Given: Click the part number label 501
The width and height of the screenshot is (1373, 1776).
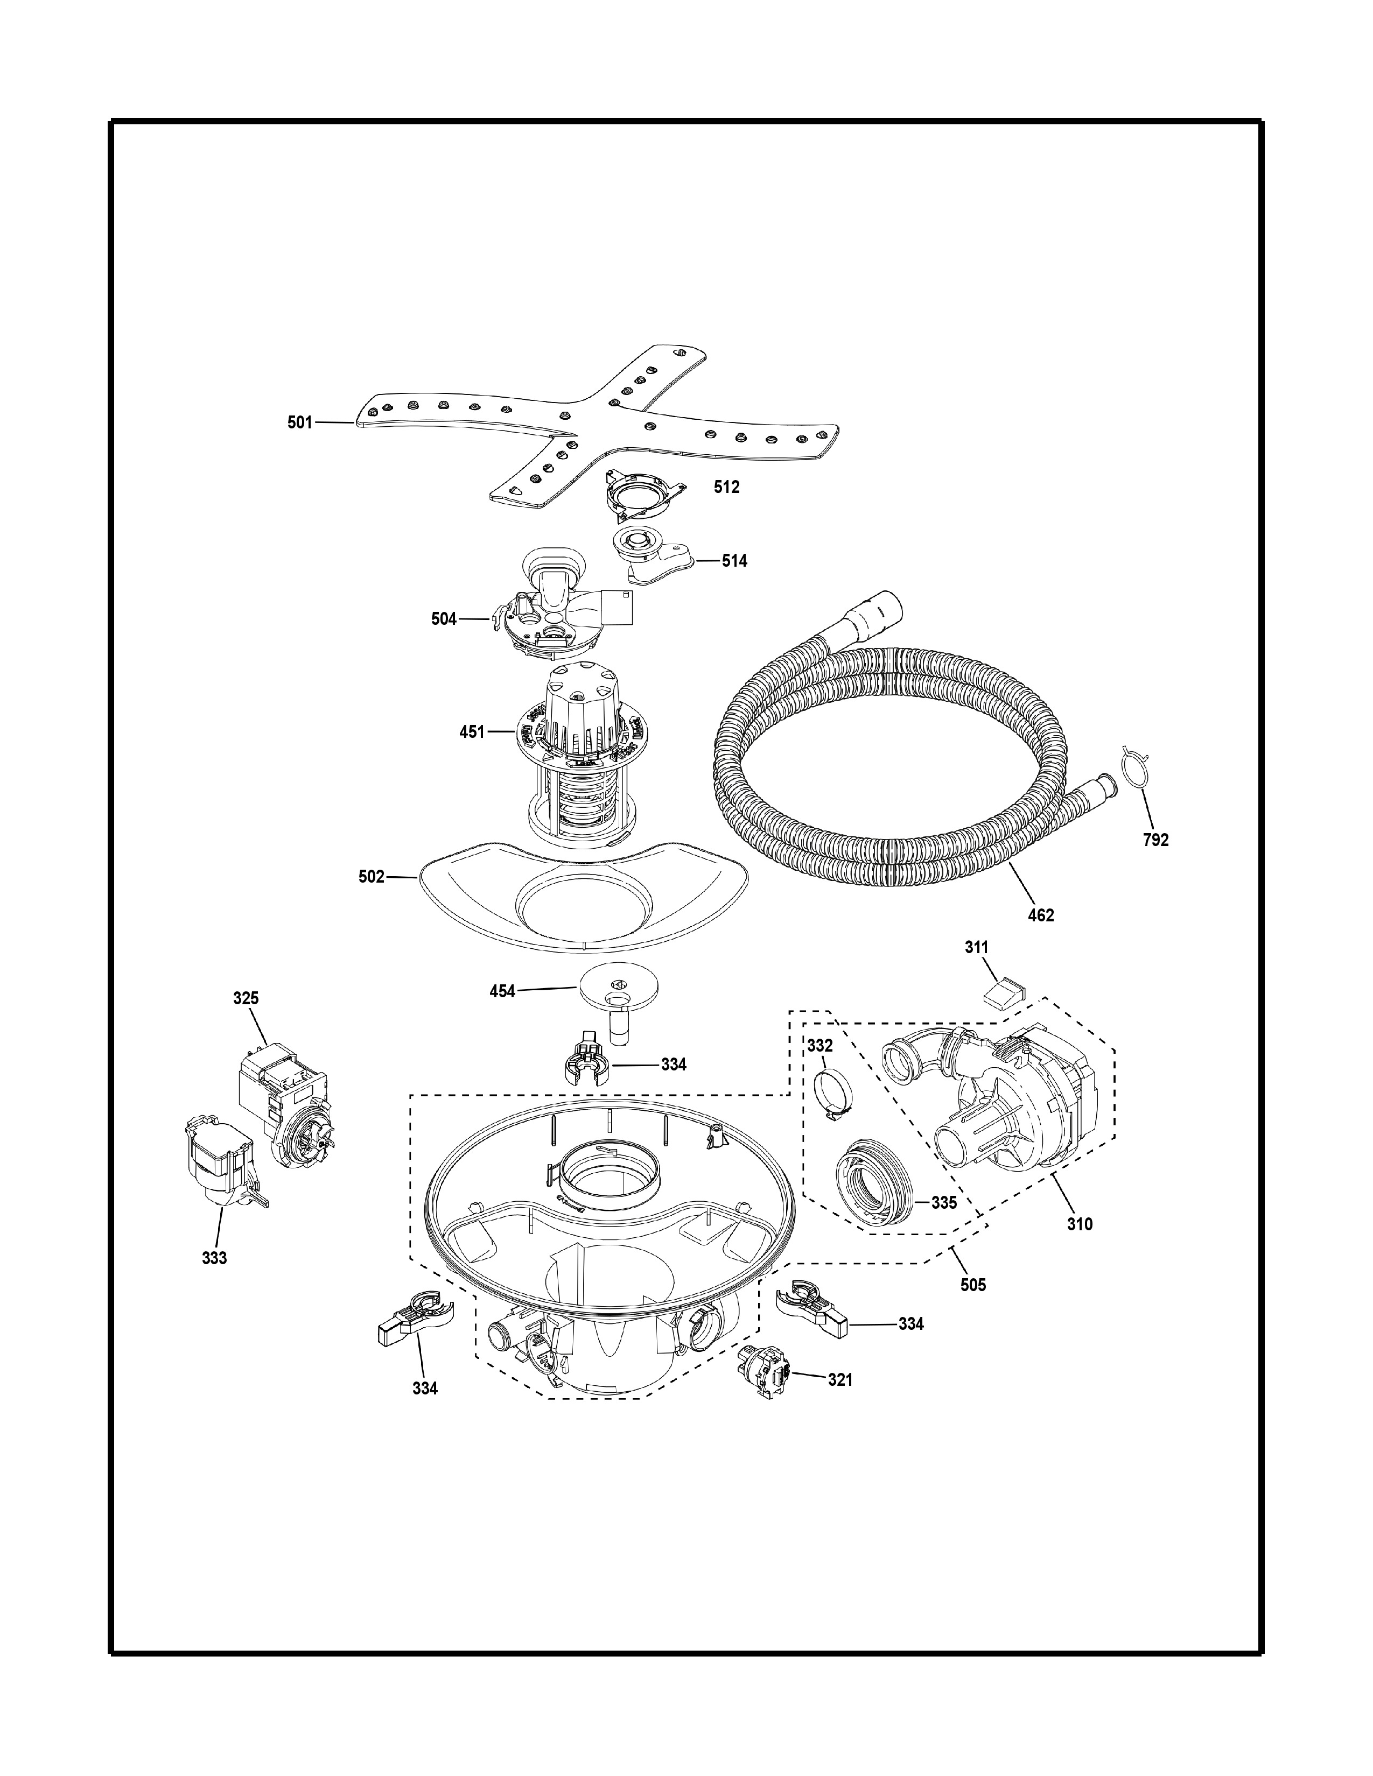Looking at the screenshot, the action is click(x=299, y=423).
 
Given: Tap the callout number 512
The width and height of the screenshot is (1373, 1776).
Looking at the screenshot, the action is click(x=726, y=487).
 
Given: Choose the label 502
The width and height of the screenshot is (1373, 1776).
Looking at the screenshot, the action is click(x=372, y=877).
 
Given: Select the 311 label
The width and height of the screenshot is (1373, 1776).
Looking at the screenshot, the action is click(x=977, y=947).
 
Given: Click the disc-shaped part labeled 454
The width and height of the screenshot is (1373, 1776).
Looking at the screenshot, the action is click(x=618, y=1002).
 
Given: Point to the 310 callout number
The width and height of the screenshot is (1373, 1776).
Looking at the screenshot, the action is click(x=1080, y=1246).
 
